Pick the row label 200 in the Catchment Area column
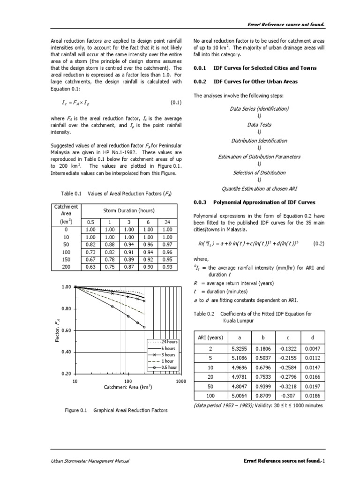[x=66, y=267]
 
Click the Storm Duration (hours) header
[x=129, y=210]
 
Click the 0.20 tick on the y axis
[x=65, y=374]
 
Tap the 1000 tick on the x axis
[x=181, y=382]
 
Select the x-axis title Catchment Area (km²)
[x=128, y=388]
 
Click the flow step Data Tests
[x=259, y=125]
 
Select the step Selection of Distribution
[x=259, y=172]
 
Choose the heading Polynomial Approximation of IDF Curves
[x=264, y=202]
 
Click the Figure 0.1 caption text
[x=116, y=410]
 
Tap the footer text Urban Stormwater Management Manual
[x=90, y=461]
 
